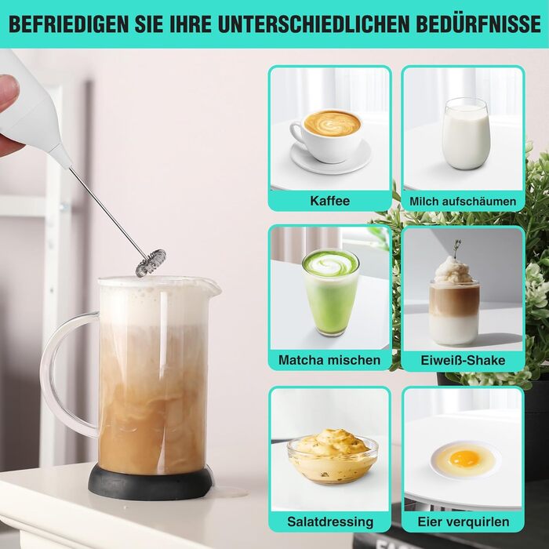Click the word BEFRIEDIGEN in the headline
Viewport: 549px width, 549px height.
tap(69, 24)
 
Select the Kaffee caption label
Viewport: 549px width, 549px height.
tap(330, 201)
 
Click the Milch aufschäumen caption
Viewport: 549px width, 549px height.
tap(463, 202)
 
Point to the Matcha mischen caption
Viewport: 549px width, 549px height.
tap(329, 360)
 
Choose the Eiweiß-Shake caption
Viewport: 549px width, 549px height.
tap(463, 360)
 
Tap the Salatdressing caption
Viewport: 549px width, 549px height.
tap(330, 522)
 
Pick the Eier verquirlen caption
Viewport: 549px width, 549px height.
tap(464, 522)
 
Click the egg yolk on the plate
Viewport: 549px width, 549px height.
tap(464, 458)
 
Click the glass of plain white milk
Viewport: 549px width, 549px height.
tap(465, 134)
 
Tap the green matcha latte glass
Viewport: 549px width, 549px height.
tap(330, 292)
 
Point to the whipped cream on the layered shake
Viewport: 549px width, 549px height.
tap(454, 271)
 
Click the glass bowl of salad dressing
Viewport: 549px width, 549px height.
tap(333, 457)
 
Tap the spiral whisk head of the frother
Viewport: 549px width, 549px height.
tap(151, 263)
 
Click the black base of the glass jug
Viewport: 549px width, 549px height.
tap(151, 483)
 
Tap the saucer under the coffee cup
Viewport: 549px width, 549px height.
tap(331, 158)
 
